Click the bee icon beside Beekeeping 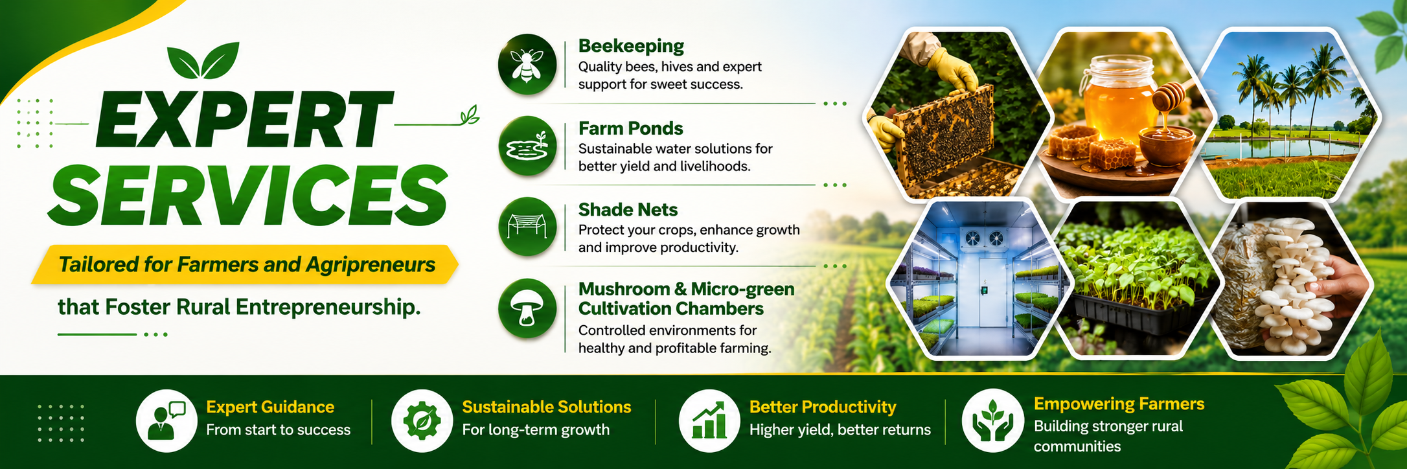point(527,65)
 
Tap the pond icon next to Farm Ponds point(527,146)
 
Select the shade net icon point(527,227)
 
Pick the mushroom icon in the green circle point(527,308)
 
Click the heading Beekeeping point(631,46)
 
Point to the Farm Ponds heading point(630,128)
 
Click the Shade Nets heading point(628,210)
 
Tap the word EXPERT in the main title point(244,120)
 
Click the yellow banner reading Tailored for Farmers point(245,264)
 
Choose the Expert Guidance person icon point(166,420)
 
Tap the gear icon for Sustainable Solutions point(422,420)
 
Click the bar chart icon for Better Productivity point(709,420)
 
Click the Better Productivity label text point(823,407)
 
